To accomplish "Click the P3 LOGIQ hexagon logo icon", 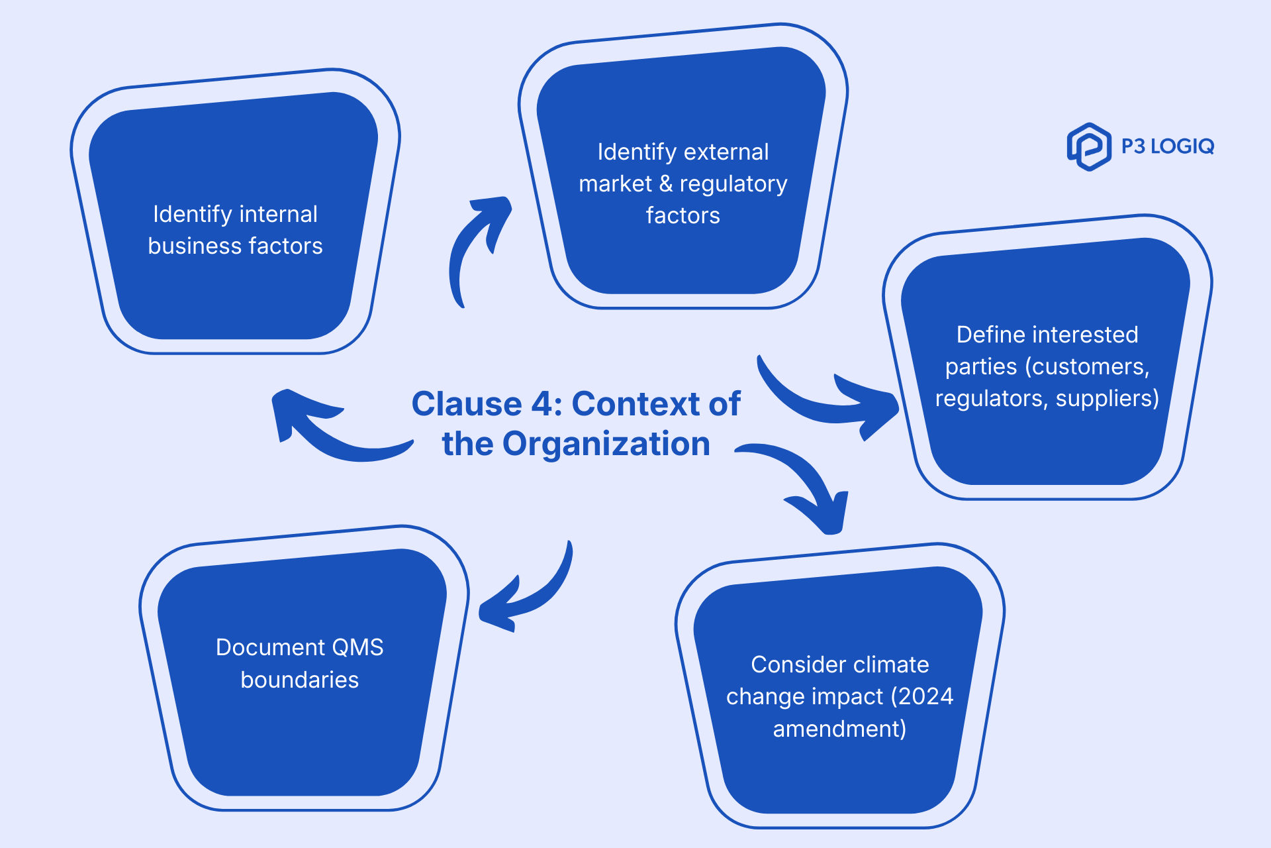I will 1089,146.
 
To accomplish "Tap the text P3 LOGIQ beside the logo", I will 1167,146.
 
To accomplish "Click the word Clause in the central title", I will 467,403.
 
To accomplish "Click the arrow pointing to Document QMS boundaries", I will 530,590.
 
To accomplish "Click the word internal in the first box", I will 278,214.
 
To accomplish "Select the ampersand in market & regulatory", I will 666,184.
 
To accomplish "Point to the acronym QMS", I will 357,647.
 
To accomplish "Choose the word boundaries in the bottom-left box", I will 299,680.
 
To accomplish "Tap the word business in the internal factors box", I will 190,246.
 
